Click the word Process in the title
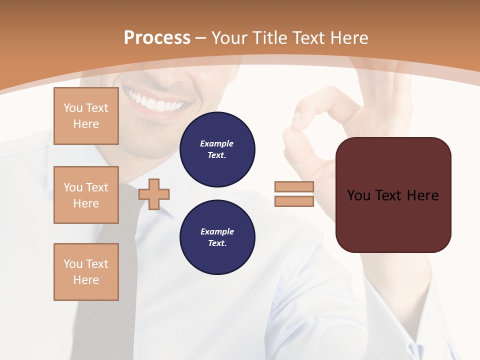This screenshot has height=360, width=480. (x=157, y=38)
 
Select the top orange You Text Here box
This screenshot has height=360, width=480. (x=86, y=116)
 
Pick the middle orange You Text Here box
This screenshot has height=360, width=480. (x=86, y=195)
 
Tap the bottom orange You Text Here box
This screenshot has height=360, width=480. (x=86, y=272)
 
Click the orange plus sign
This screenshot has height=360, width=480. (x=154, y=194)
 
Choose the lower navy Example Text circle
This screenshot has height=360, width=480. (x=217, y=237)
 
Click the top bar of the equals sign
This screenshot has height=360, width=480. (x=294, y=187)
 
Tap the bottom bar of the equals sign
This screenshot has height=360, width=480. (x=294, y=201)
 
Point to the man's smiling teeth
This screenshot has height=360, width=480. (x=155, y=102)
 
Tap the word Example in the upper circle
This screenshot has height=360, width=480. (x=216, y=144)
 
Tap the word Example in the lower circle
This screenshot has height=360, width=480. (x=217, y=232)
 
